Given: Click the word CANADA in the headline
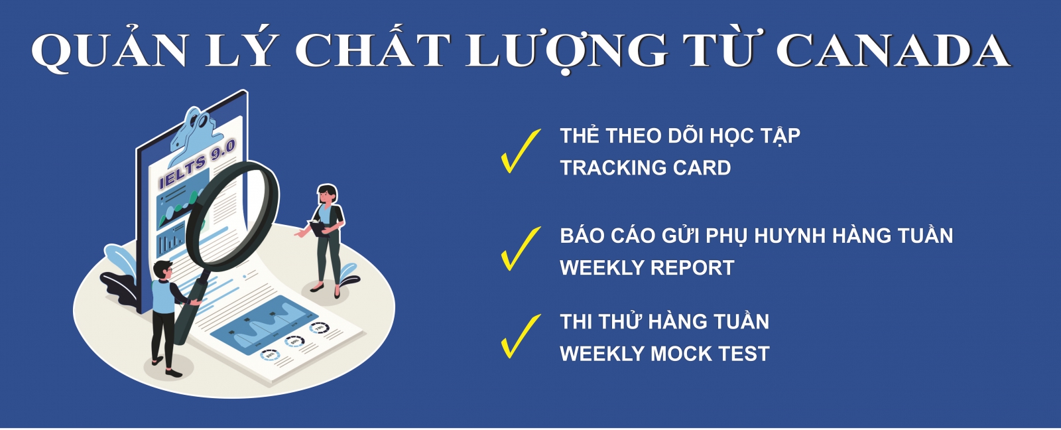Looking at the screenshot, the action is pyautogui.click(x=893, y=50).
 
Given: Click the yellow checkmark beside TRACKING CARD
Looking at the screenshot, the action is pyautogui.click(x=521, y=151).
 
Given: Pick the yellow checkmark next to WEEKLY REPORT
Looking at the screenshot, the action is pyautogui.click(x=521, y=249).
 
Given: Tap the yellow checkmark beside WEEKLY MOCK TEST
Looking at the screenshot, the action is pyautogui.click(x=521, y=336).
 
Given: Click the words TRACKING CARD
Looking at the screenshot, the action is pyautogui.click(x=646, y=168).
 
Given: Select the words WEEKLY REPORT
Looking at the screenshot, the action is pyautogui.click(x=647, y=268).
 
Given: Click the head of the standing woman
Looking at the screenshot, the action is pyautogui.click(x=328, y=194).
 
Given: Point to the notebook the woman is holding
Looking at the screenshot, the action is pyautogui.click(x=317, y=227).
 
